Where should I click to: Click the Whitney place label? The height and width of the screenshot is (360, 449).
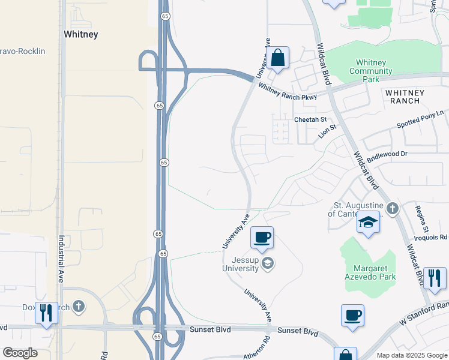point(80,34)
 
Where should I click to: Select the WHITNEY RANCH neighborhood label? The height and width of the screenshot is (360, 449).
point(405,97)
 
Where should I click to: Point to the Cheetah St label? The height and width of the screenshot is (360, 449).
point(310,120)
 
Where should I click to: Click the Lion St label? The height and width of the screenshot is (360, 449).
point(328,131)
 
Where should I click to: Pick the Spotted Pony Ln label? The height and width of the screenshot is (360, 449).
point(421,119)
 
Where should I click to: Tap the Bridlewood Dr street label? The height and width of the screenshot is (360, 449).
point(387,154)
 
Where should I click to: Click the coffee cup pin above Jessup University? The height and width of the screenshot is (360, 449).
point(262,237)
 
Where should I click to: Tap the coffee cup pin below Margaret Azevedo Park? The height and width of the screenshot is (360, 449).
point(352,315)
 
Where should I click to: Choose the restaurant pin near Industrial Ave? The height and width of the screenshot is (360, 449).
point(46,313)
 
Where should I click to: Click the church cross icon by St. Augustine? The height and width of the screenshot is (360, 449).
point(392,209)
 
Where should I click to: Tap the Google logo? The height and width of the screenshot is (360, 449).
point(20,352)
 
